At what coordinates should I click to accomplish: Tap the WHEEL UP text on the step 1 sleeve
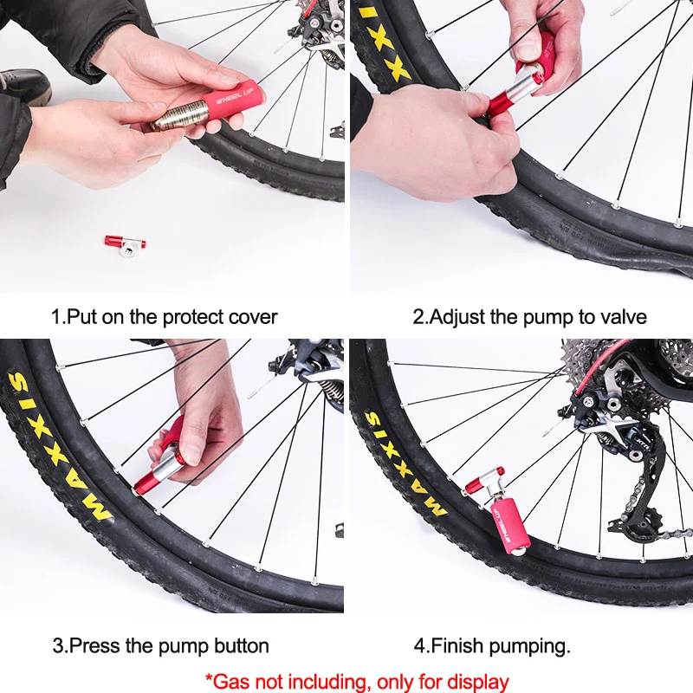click(234, 96)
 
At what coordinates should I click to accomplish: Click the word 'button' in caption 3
click(242, 645)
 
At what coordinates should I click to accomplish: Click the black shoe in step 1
click(24, 86)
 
